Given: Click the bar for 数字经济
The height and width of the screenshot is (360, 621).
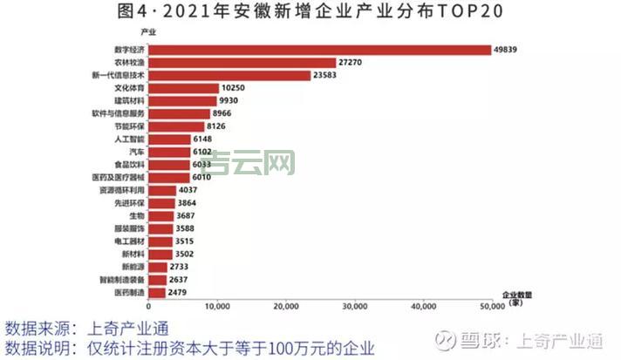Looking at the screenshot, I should pos(320,50).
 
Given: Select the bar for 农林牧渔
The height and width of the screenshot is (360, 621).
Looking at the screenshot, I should pos(242,63).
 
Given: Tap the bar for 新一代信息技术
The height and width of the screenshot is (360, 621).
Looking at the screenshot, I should pos(230,76).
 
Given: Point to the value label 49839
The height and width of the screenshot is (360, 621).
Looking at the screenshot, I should pos(507,50).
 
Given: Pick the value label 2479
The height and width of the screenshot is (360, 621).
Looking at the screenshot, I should pos(179,293).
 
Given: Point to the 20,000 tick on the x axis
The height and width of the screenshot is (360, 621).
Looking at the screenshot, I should pos(286,306).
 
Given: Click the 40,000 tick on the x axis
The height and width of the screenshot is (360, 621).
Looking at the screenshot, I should pos(423,306).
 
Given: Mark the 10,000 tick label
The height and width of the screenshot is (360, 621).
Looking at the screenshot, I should pos(217,306).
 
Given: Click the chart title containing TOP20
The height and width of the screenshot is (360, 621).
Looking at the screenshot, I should pos(310,12).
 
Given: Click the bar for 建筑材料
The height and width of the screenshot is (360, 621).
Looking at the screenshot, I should pos(182,101).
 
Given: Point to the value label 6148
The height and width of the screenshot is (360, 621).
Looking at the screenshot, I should pos(206,139).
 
